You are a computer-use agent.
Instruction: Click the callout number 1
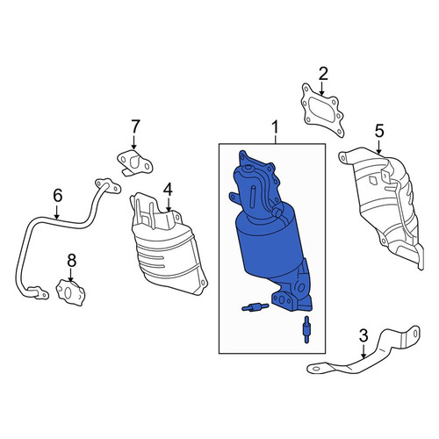coord(275,129)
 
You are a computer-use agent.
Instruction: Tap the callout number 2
coord(323,75)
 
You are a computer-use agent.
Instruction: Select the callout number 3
coord(363,336)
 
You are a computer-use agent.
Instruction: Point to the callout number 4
coord(168,191)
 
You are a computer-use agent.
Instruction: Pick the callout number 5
coord(379,131)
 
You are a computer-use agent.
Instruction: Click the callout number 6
coord(57,196)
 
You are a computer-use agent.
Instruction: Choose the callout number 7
coord(134,126)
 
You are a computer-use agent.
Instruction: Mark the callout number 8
coord(71,260)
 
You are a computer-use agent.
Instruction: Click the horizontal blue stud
coord(255,307)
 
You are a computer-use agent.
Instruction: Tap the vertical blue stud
coord(306,329)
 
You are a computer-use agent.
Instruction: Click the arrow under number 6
coord(57,212)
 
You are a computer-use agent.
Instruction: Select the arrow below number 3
coord(363,351)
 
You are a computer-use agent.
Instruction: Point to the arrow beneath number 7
coord(134,142)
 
